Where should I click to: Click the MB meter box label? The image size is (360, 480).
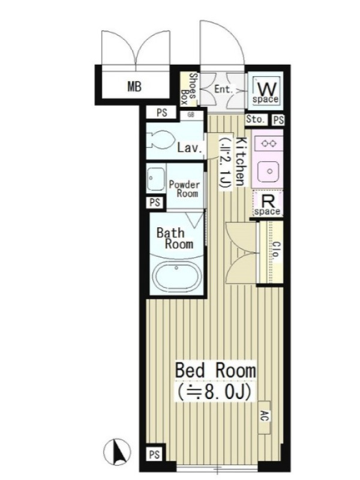point(134,86)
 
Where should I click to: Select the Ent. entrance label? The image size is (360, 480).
point(223,89)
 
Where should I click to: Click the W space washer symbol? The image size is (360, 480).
point(265,91)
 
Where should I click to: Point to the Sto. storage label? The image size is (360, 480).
point(255,119)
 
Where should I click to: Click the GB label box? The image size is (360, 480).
point(191,115)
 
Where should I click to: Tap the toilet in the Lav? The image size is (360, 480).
point(160,140)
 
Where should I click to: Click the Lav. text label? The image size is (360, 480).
point(190,148)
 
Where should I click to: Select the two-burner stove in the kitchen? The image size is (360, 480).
point(269,143)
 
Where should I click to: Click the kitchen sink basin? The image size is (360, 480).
point(269,171)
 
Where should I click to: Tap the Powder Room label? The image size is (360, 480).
point(184,189)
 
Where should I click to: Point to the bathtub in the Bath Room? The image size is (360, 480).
point(176,277)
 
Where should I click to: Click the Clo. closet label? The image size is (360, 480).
point(276,251)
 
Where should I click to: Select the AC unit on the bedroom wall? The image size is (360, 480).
point(264,417)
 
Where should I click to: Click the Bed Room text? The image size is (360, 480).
point(215,370)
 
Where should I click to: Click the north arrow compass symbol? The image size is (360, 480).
point(117,452)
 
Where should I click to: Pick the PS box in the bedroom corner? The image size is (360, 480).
point(154,455)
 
